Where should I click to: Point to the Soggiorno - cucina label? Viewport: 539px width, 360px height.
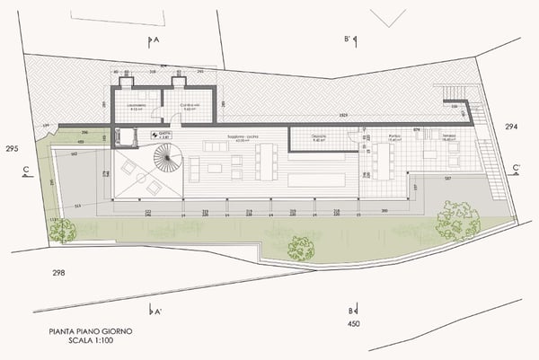243,137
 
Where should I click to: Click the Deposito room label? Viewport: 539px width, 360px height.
319,137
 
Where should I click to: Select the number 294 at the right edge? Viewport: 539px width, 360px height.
512,127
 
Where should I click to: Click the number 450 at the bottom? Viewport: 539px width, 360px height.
353,323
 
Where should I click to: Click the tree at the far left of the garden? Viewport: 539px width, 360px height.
63,231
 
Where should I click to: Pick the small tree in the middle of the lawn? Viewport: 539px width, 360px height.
301,247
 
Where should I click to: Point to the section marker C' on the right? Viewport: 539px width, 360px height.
515,168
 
